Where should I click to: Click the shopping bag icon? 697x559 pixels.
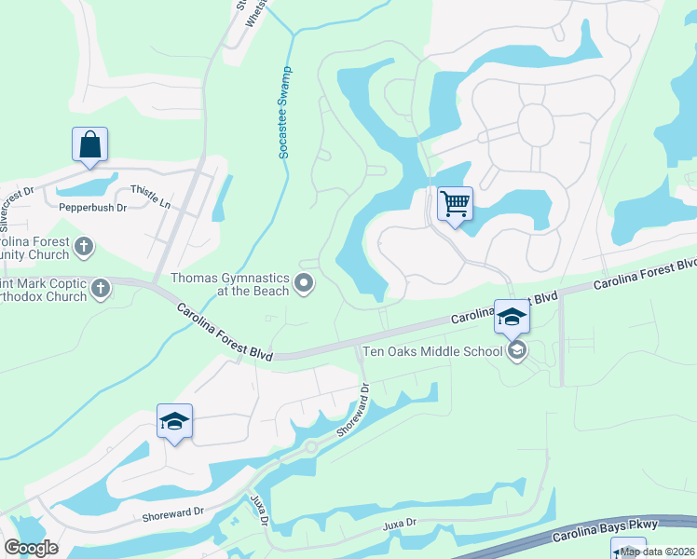pos(89,145)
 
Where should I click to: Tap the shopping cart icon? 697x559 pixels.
pos(455,203)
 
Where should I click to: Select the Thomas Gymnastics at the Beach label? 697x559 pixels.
pos(230,283)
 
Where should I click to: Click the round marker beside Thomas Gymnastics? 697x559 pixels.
pos(303,283)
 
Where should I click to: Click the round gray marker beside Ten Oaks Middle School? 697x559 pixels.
pos(517,351)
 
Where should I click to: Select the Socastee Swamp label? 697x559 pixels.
pos(285,113)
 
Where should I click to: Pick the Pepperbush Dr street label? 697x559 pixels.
pos(92,208)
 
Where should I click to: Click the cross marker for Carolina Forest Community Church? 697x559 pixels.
pos(84,247)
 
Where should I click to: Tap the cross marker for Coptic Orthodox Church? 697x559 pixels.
pos(101,289)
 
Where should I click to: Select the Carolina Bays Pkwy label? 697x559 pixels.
pos(598,531)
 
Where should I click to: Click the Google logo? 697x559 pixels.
pos(31,548)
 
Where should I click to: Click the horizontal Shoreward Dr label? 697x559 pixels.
pos(173,515)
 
